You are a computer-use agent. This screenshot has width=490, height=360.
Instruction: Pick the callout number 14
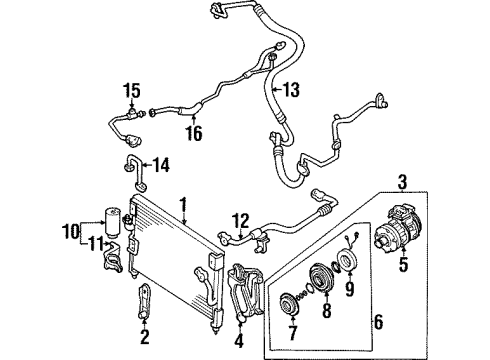[162, 166]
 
